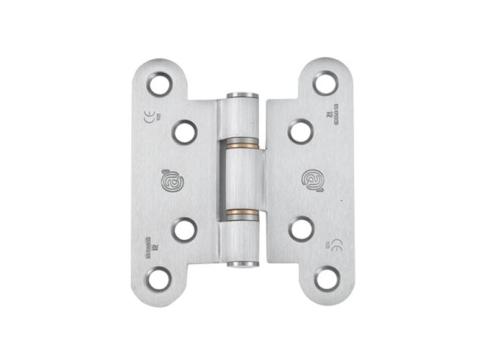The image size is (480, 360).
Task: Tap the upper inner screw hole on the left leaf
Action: (184, 131)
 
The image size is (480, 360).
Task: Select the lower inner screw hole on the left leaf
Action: (184, 230)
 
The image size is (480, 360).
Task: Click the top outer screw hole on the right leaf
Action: (324, 82)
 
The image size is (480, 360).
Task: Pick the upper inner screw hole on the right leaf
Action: (300, 131)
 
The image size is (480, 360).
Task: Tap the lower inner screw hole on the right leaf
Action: (300, 230)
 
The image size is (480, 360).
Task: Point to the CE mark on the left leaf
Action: (149, 116)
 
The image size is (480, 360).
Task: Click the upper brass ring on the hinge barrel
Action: (242, 147)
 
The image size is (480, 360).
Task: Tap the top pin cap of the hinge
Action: (242, 96)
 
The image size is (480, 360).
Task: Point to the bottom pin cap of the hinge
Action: (242, 265)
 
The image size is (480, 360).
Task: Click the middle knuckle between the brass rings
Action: (242, 180)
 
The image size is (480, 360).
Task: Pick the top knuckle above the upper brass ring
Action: (242, 122)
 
